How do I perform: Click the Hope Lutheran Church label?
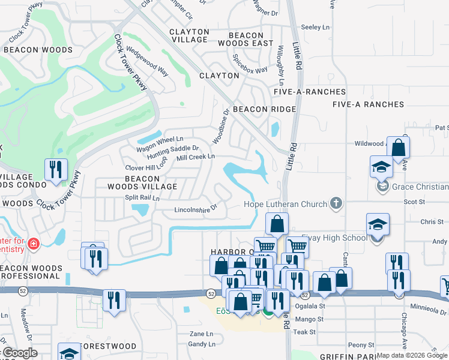point(285,204)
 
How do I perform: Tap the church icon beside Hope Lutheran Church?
point(336,203)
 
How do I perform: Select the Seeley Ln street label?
point(316,27)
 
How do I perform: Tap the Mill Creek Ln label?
point(195,157)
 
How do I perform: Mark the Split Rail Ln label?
point(142,197)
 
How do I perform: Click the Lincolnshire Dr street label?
point(195,210)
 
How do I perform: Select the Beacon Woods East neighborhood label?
point(246,40)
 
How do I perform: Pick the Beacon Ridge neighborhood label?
point(264,109)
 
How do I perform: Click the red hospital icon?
point(33,244)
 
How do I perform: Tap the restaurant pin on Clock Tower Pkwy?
point(56,169)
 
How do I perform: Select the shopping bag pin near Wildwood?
point(398,148)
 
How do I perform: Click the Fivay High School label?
point(334,238)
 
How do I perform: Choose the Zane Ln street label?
point(201,334)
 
